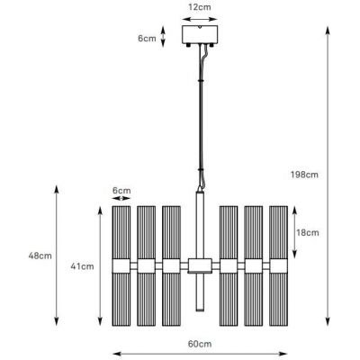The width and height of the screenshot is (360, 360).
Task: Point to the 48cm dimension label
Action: (x=40, y=256)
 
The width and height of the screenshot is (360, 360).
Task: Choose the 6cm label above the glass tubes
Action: (x=121, y=191)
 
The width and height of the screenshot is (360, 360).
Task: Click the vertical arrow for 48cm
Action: (x=58, y=256)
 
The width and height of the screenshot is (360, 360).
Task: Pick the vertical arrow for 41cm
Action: (x=99, y=266)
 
